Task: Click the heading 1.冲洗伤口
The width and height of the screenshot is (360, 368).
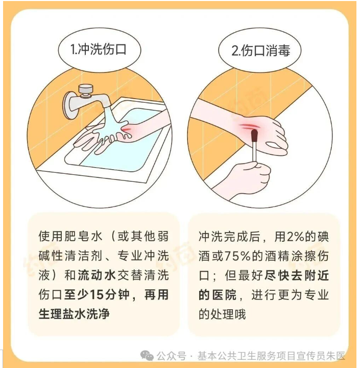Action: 98,49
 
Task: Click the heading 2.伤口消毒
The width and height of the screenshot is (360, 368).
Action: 260,51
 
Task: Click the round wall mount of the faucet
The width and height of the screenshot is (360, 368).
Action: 69,105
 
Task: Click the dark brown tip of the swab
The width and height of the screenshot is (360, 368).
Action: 254,135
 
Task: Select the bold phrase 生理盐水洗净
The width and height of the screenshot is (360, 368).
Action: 74,314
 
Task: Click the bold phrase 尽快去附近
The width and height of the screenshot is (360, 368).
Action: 297,275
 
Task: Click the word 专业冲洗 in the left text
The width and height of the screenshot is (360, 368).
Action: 143,256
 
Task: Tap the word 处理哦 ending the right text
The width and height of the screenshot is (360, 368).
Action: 229,314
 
